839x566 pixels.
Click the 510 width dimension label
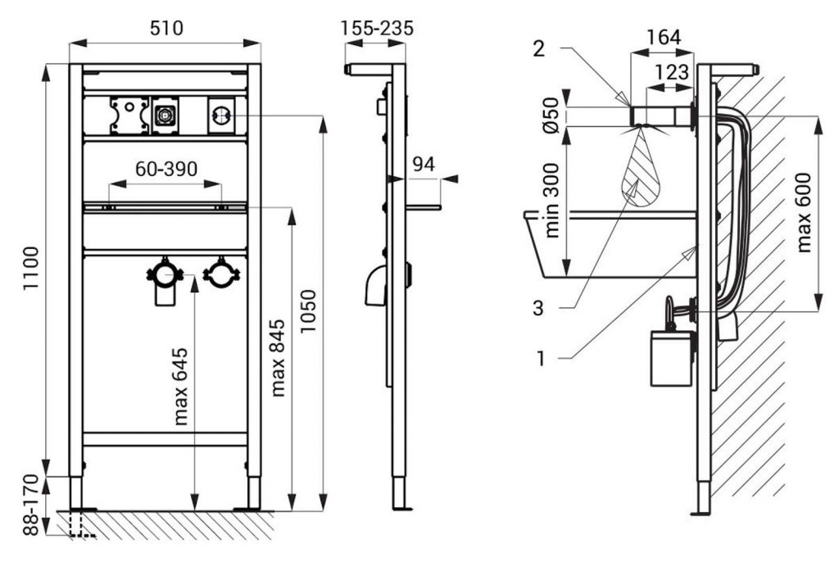click(166, 27)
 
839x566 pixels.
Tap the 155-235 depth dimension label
click(378, 27)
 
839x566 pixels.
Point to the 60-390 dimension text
click(166, 169)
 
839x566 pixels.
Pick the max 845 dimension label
click(279, 357)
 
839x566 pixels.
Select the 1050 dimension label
click(309, 310)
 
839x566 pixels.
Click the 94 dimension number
click(423, 165)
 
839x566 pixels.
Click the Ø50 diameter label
click(551, 115)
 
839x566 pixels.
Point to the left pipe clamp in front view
click(166, 274)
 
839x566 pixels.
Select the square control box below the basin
click(670, 357)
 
